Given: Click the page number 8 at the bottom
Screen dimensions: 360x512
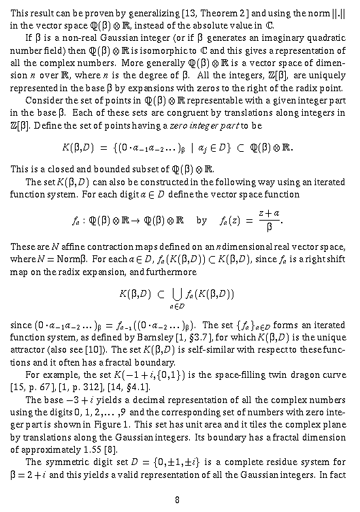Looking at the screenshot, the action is coord(177,498).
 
